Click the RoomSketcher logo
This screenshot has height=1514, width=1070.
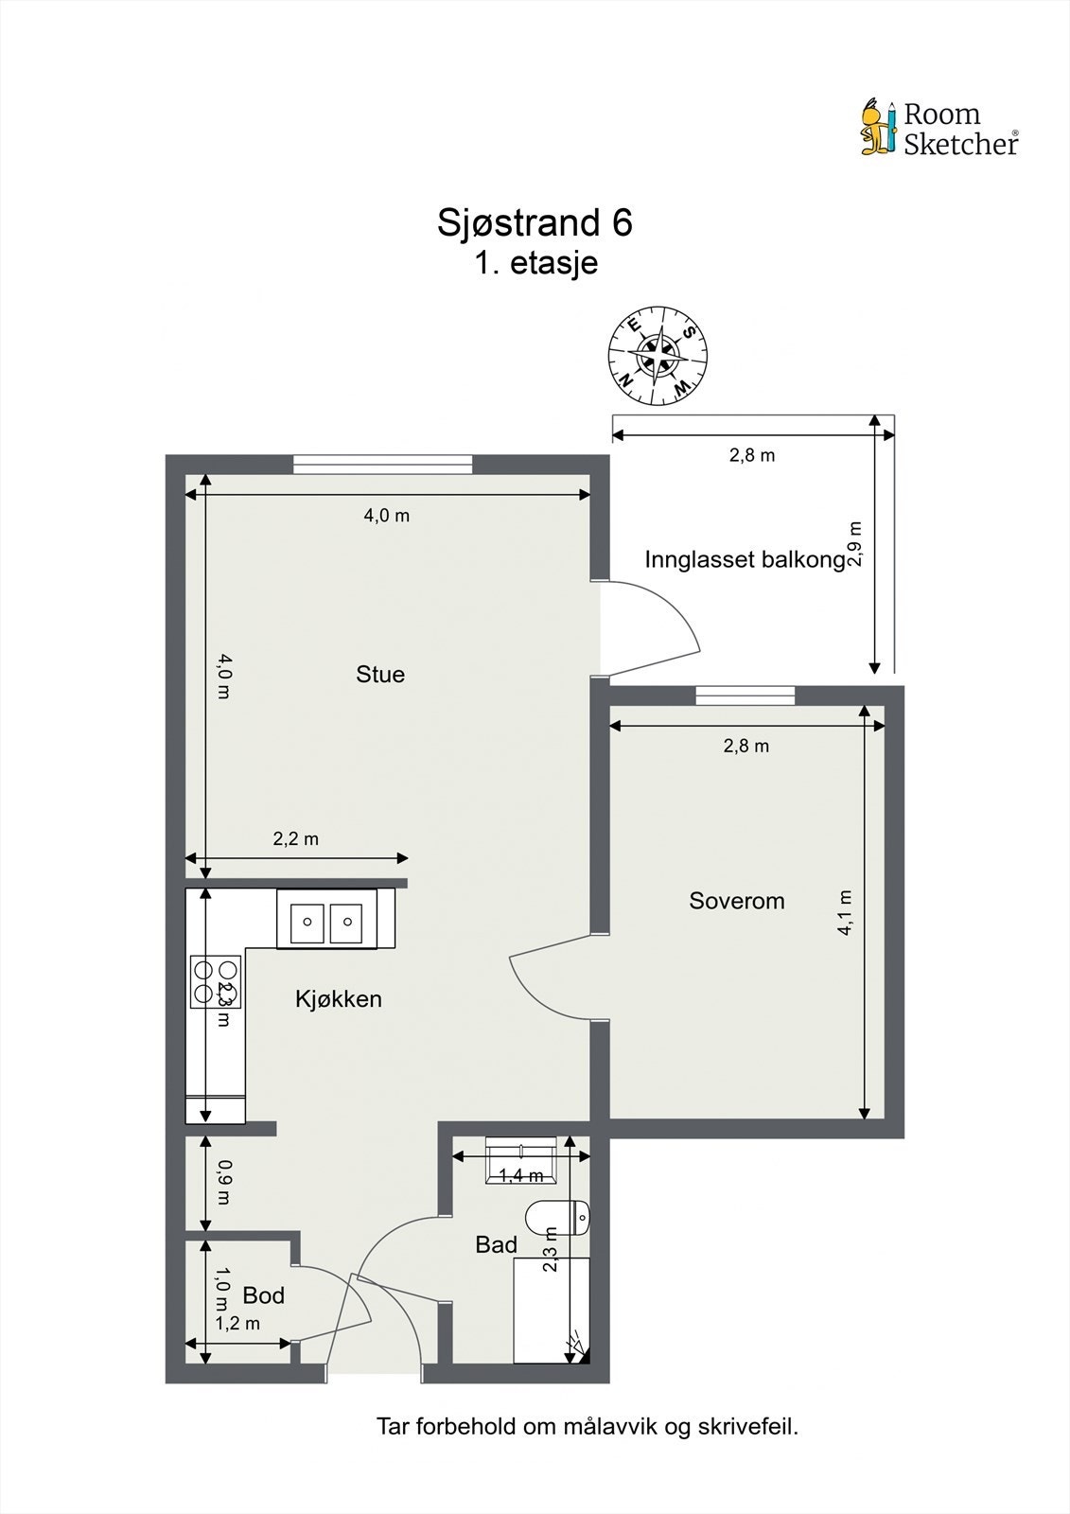click(938, 128)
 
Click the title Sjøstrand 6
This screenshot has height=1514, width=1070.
click(535, 222)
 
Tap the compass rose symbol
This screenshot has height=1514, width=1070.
click(658, 357)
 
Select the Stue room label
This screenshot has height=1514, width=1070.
click(380, 675)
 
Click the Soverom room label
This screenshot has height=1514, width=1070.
click(737, 901)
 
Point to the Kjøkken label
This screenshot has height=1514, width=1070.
click(339, 999)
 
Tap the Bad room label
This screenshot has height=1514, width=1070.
click(496, 1245)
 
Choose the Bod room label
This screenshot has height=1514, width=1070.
click(263, 1295)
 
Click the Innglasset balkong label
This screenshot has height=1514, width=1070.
click(745, 559)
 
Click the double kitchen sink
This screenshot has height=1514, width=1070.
click(326, 919)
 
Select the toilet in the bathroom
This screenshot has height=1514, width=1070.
click(557, 1217)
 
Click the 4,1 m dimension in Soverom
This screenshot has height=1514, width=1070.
click(845, 912)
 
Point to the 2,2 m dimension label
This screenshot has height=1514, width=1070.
click(296, 838)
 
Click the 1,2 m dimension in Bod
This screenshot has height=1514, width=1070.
click(237, 1324)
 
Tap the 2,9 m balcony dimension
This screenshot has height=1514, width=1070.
click(855, 544)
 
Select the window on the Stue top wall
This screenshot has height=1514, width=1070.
click(382, 464)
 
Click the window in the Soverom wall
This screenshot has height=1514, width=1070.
click(745, 695)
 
